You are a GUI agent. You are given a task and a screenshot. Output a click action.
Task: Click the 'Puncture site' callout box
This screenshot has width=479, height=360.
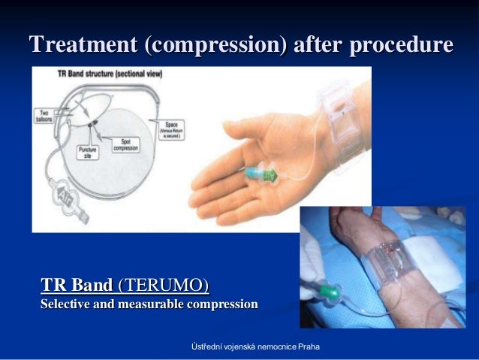click(88, 153)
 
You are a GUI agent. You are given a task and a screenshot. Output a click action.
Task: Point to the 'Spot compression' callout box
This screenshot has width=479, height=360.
click(127, 144)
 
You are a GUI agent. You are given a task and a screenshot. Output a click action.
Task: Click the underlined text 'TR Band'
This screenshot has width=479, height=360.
click(74, 285)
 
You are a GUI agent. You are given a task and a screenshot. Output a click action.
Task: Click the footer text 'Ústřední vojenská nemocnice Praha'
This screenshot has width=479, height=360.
click(255, 346)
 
